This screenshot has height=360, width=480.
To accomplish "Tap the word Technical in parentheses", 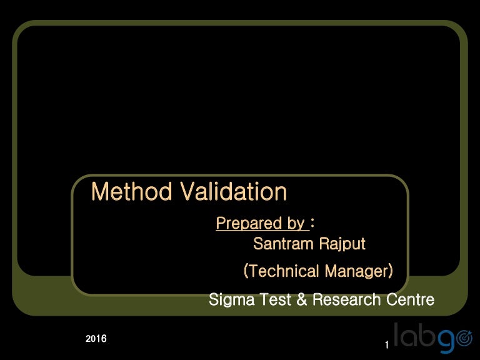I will [283, 271].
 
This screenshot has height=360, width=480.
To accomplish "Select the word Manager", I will [356, 271].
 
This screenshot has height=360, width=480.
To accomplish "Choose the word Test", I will [274, 300].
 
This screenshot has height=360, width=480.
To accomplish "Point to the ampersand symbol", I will [301, 300].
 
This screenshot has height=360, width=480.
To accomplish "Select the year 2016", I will [96, 339].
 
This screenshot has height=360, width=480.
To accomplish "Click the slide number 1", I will [387, 346].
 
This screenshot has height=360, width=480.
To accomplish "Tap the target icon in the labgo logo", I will [464, 339].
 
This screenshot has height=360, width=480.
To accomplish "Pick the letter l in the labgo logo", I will [397, 334].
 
